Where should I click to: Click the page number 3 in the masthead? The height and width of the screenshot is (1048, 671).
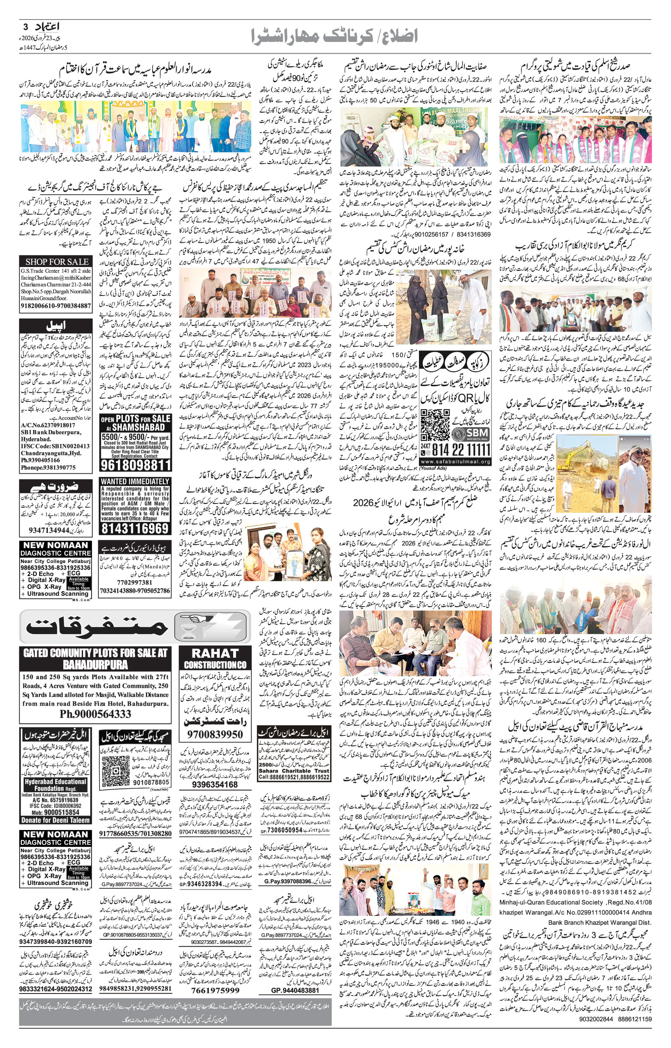pos(25,26)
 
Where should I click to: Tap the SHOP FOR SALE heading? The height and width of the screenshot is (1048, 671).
pos(56,262)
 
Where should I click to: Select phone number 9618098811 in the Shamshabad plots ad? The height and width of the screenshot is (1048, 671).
pos(135,465)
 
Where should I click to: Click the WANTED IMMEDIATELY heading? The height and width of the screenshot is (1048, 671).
pos(135,481)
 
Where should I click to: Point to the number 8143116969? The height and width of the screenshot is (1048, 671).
pos(135,529)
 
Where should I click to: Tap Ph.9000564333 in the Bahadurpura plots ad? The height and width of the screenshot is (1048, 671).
pos(95,714)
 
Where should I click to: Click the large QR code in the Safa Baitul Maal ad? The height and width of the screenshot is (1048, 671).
pos(434,425)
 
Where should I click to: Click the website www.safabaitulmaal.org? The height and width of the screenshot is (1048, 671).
pos(456,462)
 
